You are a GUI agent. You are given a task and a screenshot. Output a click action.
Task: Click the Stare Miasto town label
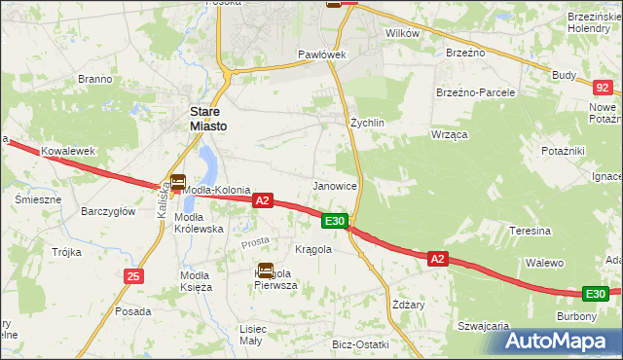click(x=210, y=118)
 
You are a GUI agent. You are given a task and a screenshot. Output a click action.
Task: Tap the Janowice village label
click(x=335, y=185)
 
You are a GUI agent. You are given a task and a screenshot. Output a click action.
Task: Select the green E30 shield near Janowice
click(x=335, y=221)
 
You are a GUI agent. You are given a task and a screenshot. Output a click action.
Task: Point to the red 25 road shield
click(x=133, y=276)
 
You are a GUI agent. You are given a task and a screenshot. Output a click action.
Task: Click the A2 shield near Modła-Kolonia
click(x=261, y=199)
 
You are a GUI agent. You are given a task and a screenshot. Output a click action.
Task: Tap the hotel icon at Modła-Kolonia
click(x=178, y=181)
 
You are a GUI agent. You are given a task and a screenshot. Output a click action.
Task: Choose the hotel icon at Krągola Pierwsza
click(x=266, y=271)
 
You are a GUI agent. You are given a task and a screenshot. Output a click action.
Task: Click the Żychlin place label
click(x=368, y=123)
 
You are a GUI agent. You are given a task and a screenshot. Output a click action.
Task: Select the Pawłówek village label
click(x=322, y=54)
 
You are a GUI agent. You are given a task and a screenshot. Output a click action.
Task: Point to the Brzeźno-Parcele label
click(x=475, y=91)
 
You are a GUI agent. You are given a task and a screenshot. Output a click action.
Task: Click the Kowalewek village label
click(x=67, y=152)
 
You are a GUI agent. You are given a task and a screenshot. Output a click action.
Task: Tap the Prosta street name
click(x=255, y=240)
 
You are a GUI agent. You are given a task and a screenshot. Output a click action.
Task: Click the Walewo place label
click(x=545, y=263)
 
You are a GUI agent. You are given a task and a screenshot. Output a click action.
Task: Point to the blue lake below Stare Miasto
click(x=205, y=162)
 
